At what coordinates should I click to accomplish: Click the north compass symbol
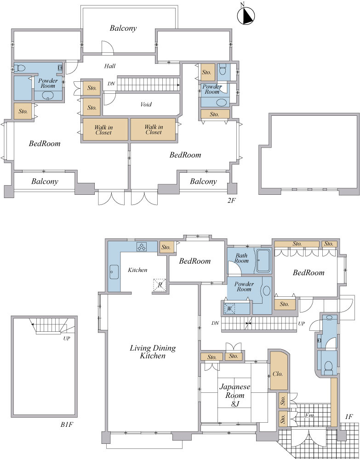[246, 15]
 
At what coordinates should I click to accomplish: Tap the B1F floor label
[67, 425]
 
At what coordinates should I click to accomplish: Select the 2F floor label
[231, 202]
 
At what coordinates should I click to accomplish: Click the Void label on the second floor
[146, 104]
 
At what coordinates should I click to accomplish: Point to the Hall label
[110, 66]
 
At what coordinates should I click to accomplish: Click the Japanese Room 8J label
[235, 396]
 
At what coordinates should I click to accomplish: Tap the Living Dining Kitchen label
[153, 352]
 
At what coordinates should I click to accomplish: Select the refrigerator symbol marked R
[160, 285]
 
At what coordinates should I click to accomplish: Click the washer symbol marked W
[229, 308]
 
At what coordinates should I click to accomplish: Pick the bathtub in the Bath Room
[263, 261]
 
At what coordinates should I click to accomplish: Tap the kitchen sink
[114, 272]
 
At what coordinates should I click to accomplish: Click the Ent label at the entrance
[309, 416]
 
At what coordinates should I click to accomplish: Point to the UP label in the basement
[67, 339]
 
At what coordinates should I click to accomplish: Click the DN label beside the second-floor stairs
[111, 84]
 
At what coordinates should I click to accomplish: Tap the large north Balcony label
[123, 28]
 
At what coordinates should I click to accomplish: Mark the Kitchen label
[137, 270]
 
